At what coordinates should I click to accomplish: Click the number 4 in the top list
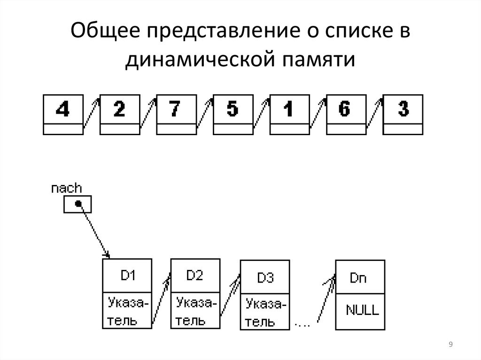[x=62, y=109]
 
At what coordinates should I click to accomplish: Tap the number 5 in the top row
[x=233, y=109]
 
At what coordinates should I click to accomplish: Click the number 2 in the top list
[x=119, y=109]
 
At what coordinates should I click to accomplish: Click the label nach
[x=67, y=189]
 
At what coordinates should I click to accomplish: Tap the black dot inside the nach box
[x=78, y=204]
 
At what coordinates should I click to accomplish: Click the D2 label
[x=194, y=276]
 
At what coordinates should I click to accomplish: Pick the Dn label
[x=358, y=278]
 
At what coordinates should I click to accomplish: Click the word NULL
[x=362, y=310]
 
